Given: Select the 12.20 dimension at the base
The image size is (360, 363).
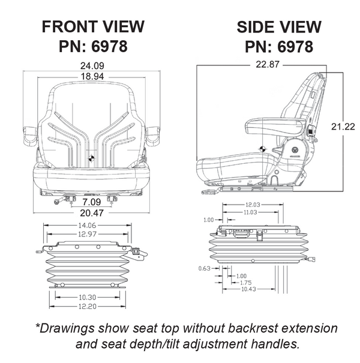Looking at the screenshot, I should tap(88, 307).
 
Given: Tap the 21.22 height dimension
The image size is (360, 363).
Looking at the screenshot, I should tap(342, 127).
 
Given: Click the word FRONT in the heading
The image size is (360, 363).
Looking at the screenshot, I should tap(64, 27).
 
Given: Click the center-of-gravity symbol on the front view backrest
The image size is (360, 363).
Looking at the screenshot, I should tap(91, 158).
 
